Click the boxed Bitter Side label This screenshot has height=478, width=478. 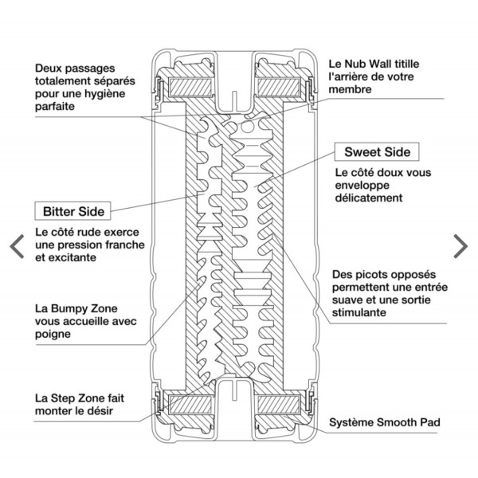pyautogui.click(x=72, y=212)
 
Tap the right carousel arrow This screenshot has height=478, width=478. pyautogui.click(x=460, y=245)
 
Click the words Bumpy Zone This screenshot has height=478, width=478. pyautogui.click(x=80, y=307)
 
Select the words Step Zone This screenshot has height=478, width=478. pyautogui.click(x=82, y=397)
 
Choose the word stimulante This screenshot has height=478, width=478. pyautogui.click(x=359, y=313)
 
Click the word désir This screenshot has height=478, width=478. pyautogui.click(x=113, y=411)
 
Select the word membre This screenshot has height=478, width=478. pyautogui.click(x=351, y=90)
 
